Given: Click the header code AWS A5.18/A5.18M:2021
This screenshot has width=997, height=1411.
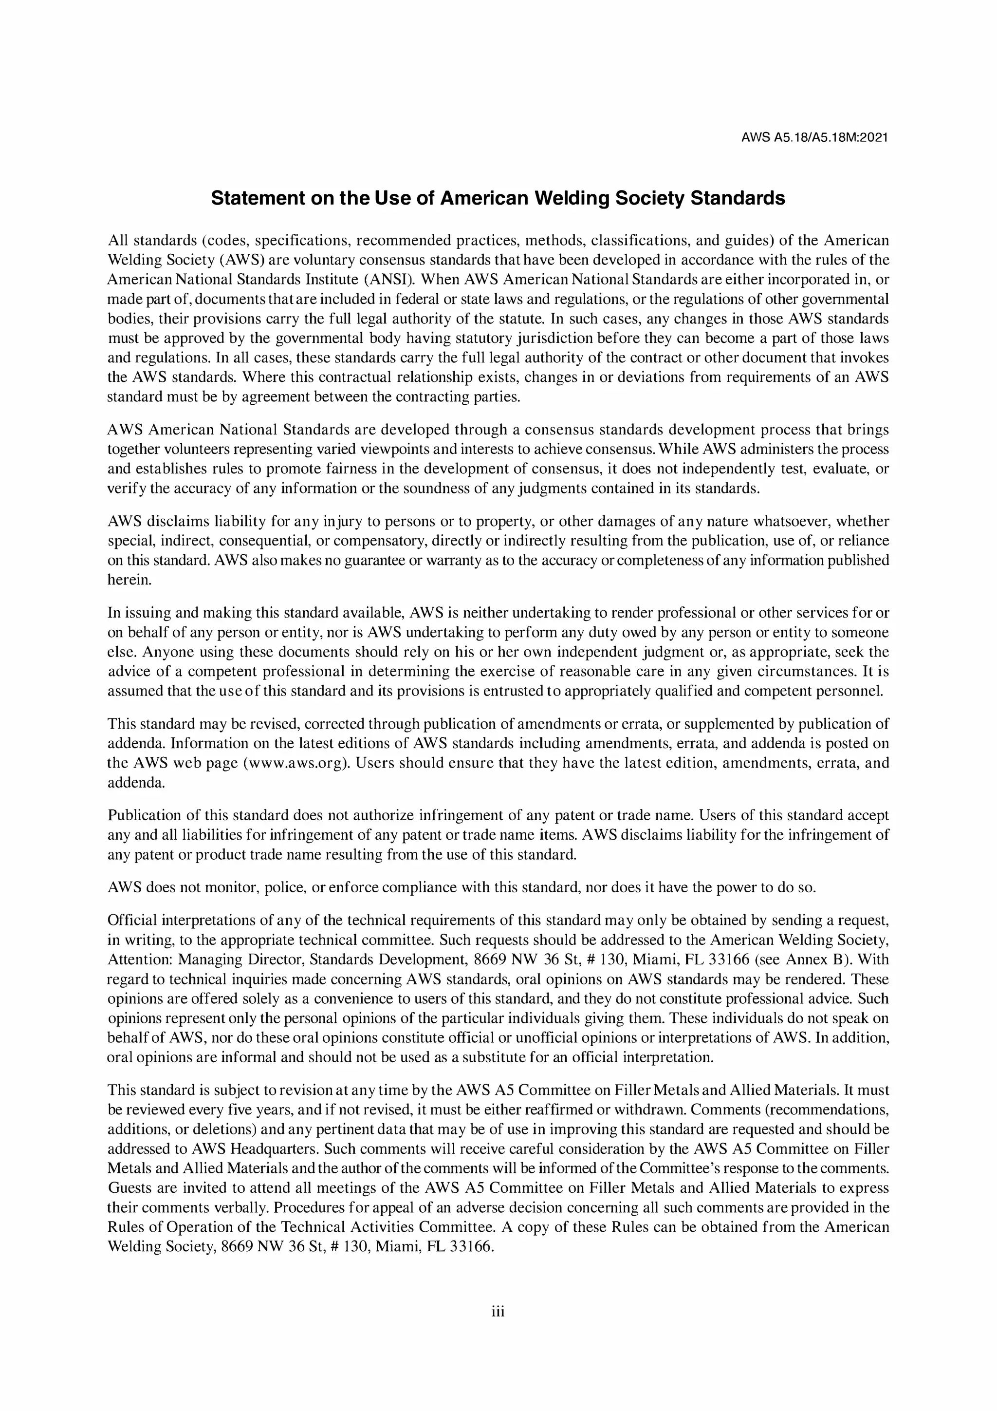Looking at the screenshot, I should [x=814, y=138].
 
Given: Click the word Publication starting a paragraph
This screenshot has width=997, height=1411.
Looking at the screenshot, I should [x=143, y=815].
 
